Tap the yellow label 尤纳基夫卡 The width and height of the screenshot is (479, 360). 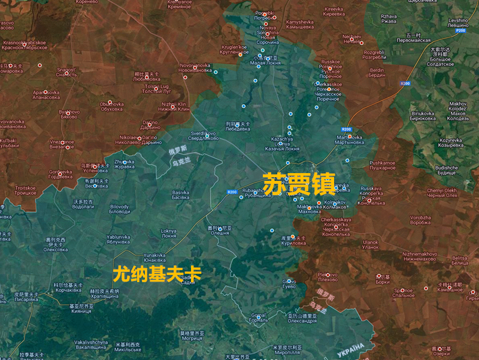tap(157, 274)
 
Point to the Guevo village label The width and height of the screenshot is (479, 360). tap(290, 284)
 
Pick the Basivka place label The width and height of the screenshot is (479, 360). tap(180, 195)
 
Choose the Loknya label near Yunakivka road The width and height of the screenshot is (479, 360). tap(169, 233)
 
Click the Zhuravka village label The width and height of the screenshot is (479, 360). tap(125, 164)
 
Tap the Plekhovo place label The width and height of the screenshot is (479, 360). tap(328, 277)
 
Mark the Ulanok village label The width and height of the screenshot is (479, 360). tap(371, 244)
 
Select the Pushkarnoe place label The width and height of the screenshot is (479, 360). tap(383, 165)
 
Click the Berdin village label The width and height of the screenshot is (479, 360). tap(377, 72)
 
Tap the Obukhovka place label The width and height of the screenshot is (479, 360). tap(112, 106)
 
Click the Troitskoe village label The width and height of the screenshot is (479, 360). tap(26, 190)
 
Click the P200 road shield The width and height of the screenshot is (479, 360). tap(460, 31)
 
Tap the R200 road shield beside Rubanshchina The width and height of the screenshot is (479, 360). tap(232, 192)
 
